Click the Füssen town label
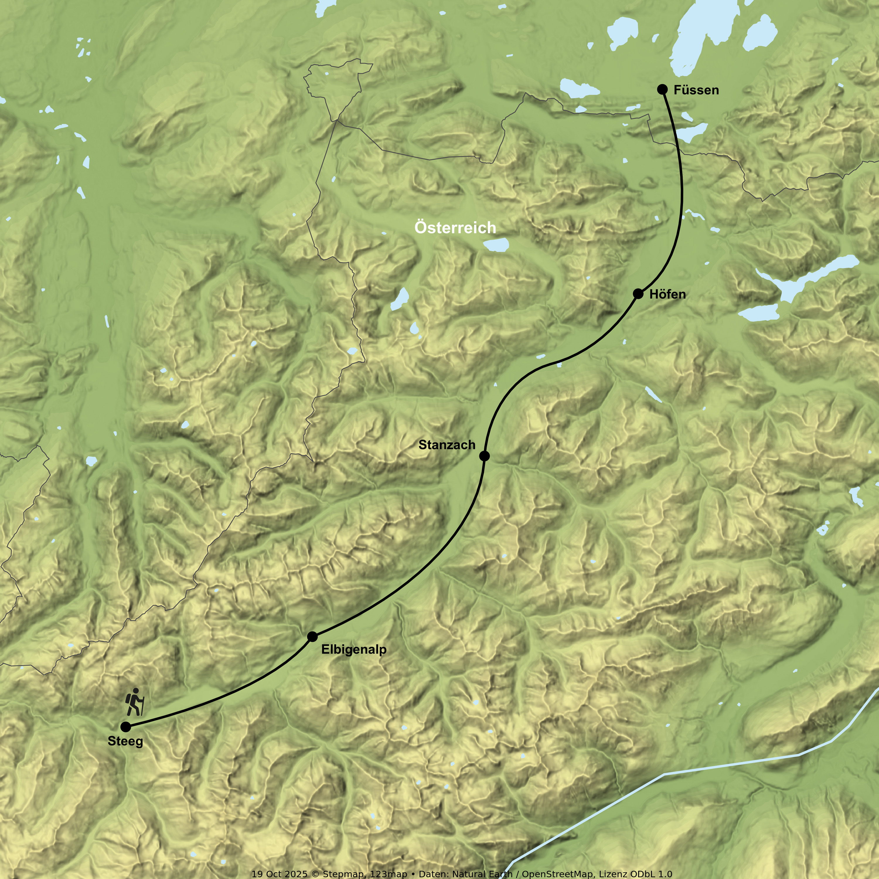point(696,90)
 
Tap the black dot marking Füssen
point(662,89)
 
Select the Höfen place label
point(667,294)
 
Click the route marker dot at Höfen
point(638,294)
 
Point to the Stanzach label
point(447,445)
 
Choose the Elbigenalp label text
point(354,650)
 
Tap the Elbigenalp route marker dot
point(312,636)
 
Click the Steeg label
point(125,741)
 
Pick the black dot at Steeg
point(126,727)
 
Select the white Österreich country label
point(455,227)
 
